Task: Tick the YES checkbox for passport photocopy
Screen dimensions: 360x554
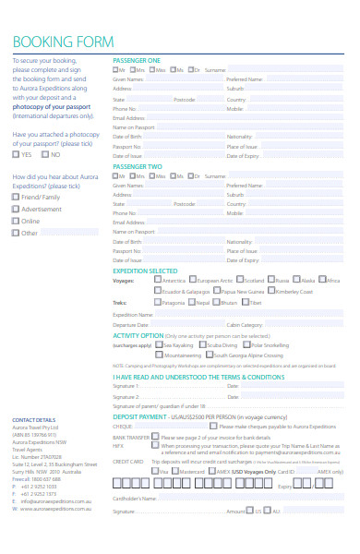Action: pos(16,155)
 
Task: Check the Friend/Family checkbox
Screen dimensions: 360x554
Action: pos(16,197)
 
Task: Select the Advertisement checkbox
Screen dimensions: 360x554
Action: pos(16,209)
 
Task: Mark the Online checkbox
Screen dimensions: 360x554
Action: pos(16,221)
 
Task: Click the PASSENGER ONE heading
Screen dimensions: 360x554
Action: pos(136,59)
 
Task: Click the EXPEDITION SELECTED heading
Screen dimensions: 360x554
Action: pos(145,271)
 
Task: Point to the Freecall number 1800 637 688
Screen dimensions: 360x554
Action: pos(37,478)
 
